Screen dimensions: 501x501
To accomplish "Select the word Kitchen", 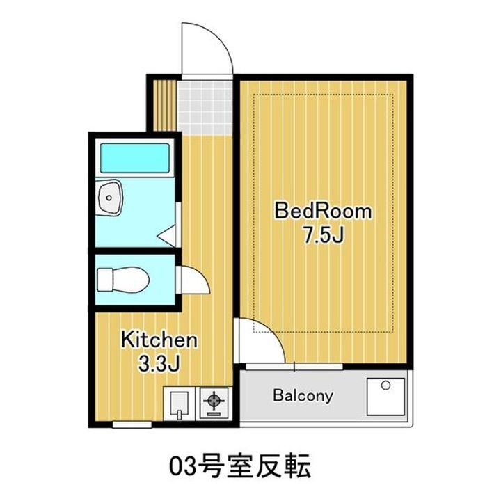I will click(x=161, y=341).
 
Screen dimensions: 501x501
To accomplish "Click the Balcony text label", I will click(x=303, y=397).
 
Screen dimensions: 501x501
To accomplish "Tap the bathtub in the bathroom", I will click(x=135, y=159).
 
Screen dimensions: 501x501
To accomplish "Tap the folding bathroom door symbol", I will click(x=168, y=237).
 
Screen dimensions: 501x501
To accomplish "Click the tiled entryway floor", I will click(x=205, y=107).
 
